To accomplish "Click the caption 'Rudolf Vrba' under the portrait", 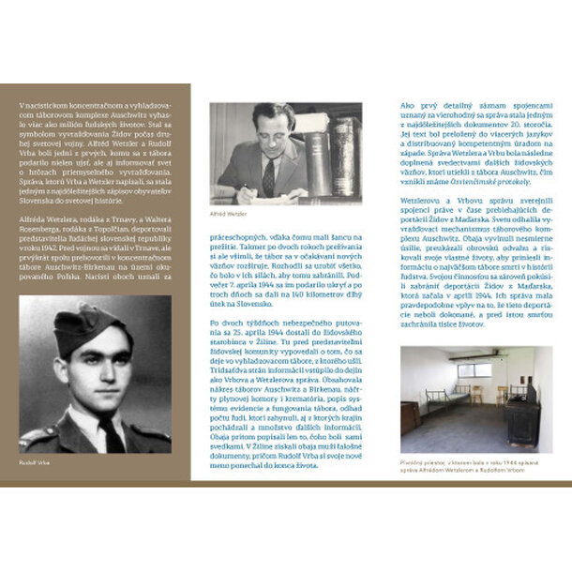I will (37, 462).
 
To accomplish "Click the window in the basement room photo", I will (474, 369).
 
